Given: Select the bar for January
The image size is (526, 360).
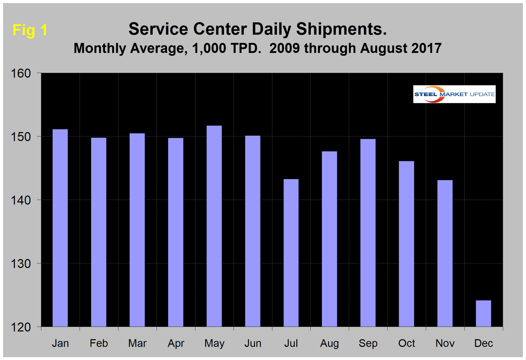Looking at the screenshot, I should [60, 228].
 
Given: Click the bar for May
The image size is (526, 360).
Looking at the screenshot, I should [214, 226].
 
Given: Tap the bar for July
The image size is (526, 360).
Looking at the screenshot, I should [291, 253].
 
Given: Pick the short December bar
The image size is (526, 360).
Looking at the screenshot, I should [483, 313].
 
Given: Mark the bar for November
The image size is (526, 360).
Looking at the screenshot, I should [445, 253].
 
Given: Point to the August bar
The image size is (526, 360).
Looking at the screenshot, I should [330, 239].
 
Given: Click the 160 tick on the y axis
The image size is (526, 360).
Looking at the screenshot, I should [23, 73].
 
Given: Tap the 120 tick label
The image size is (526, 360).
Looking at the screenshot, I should [23, 327].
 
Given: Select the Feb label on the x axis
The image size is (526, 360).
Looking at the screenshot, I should [99, 343].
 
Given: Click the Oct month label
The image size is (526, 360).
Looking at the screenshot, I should [407, 343].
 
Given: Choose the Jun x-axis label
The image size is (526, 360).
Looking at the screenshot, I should [253, 343].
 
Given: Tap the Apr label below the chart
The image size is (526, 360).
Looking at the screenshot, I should [176, 343].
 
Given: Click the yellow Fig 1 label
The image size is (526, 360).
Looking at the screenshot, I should [30, 30].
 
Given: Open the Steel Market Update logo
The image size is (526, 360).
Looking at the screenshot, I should [454, 94].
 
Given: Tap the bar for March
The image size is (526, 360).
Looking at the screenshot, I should [137, 230].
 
